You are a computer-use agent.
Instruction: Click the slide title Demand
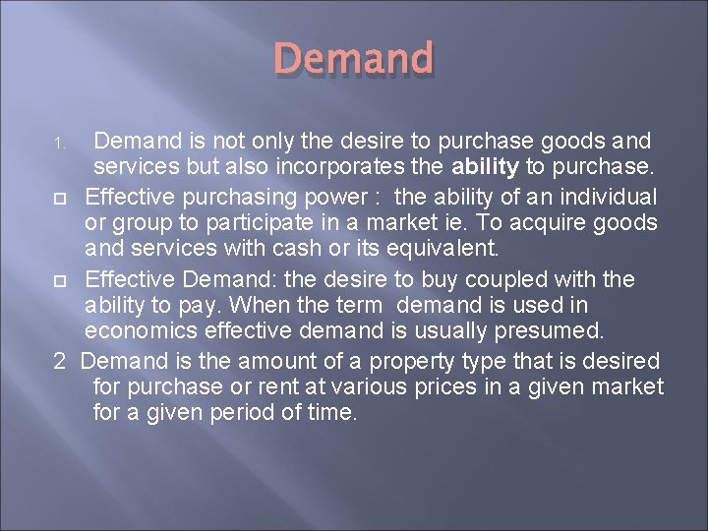(353, 59)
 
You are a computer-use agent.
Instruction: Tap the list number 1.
(58, 145)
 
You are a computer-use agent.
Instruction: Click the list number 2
(59, 362)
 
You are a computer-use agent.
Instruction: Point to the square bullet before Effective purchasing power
(59, 194)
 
